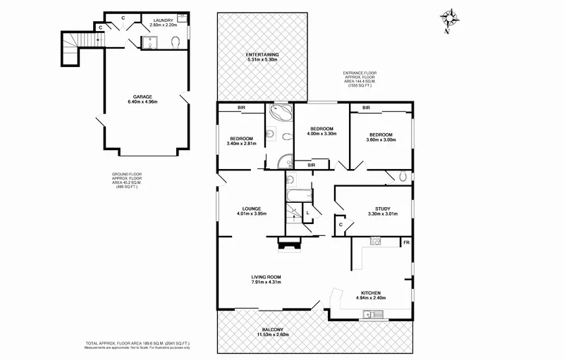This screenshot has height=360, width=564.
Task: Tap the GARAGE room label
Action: (x=145, y=97)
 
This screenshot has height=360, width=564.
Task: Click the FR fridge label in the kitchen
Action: (x=405, y=242)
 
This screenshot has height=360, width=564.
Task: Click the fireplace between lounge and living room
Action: (x=288, y=245)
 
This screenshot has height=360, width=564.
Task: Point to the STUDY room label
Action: (x=383, y=209)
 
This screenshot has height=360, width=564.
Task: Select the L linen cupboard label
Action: (x=308, y=212)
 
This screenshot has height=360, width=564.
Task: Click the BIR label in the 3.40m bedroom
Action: (x=241, y=108)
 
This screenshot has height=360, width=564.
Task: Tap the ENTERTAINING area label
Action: (x=262, y=54)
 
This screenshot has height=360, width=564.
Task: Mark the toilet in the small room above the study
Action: (x=401, y=176)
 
